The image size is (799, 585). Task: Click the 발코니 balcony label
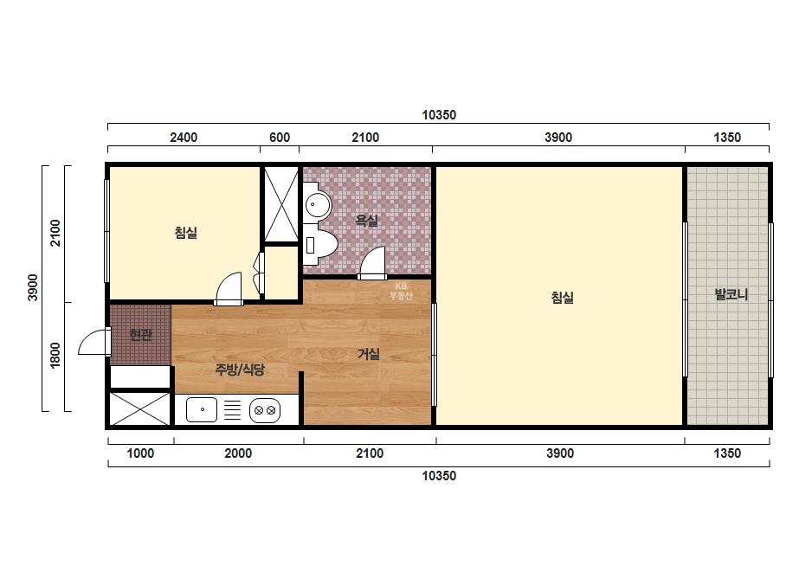click(x=731, y=294)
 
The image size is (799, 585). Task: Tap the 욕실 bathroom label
click(x=366, y=221)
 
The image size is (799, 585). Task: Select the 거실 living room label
click(x=369, y=354)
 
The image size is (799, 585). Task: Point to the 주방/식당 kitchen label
click(x=240, y=370)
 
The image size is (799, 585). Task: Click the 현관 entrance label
click(x=140, y=335)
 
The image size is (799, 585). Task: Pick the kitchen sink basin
click(x=202, y=409)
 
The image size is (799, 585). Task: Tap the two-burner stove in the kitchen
click(x=265, y=410)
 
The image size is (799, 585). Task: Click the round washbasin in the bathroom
click(x=318, y=205)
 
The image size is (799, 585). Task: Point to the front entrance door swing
click(x=94, y=342)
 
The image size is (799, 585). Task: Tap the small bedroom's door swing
click(x=229, y=289)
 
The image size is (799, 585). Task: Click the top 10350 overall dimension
click(x=439, y=115)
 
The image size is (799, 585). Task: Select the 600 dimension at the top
click(x=280, y=138)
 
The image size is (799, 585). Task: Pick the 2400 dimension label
click(x=184, y=138)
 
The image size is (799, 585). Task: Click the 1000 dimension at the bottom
click(x=140, y=453)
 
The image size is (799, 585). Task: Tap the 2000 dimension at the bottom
click(x=238, y=453)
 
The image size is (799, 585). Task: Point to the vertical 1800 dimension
click(x=55, y=355)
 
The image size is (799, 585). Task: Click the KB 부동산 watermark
click(x=401, y=291)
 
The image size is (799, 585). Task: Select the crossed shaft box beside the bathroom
click(x=280, y=204)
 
